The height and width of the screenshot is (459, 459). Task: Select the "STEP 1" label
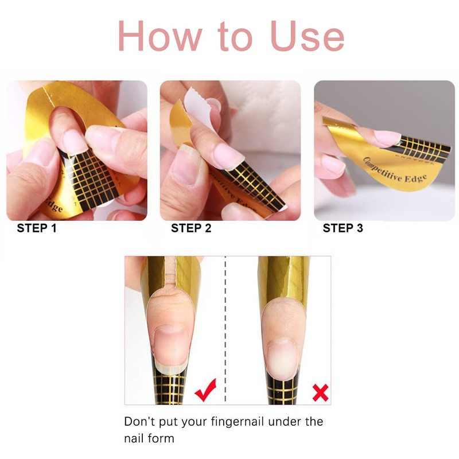coord(37,228)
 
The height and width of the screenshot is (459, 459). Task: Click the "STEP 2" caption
coord(191,228)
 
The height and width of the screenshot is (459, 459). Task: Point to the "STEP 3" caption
coord(343,228)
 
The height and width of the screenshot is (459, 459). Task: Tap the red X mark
coord(320,392)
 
